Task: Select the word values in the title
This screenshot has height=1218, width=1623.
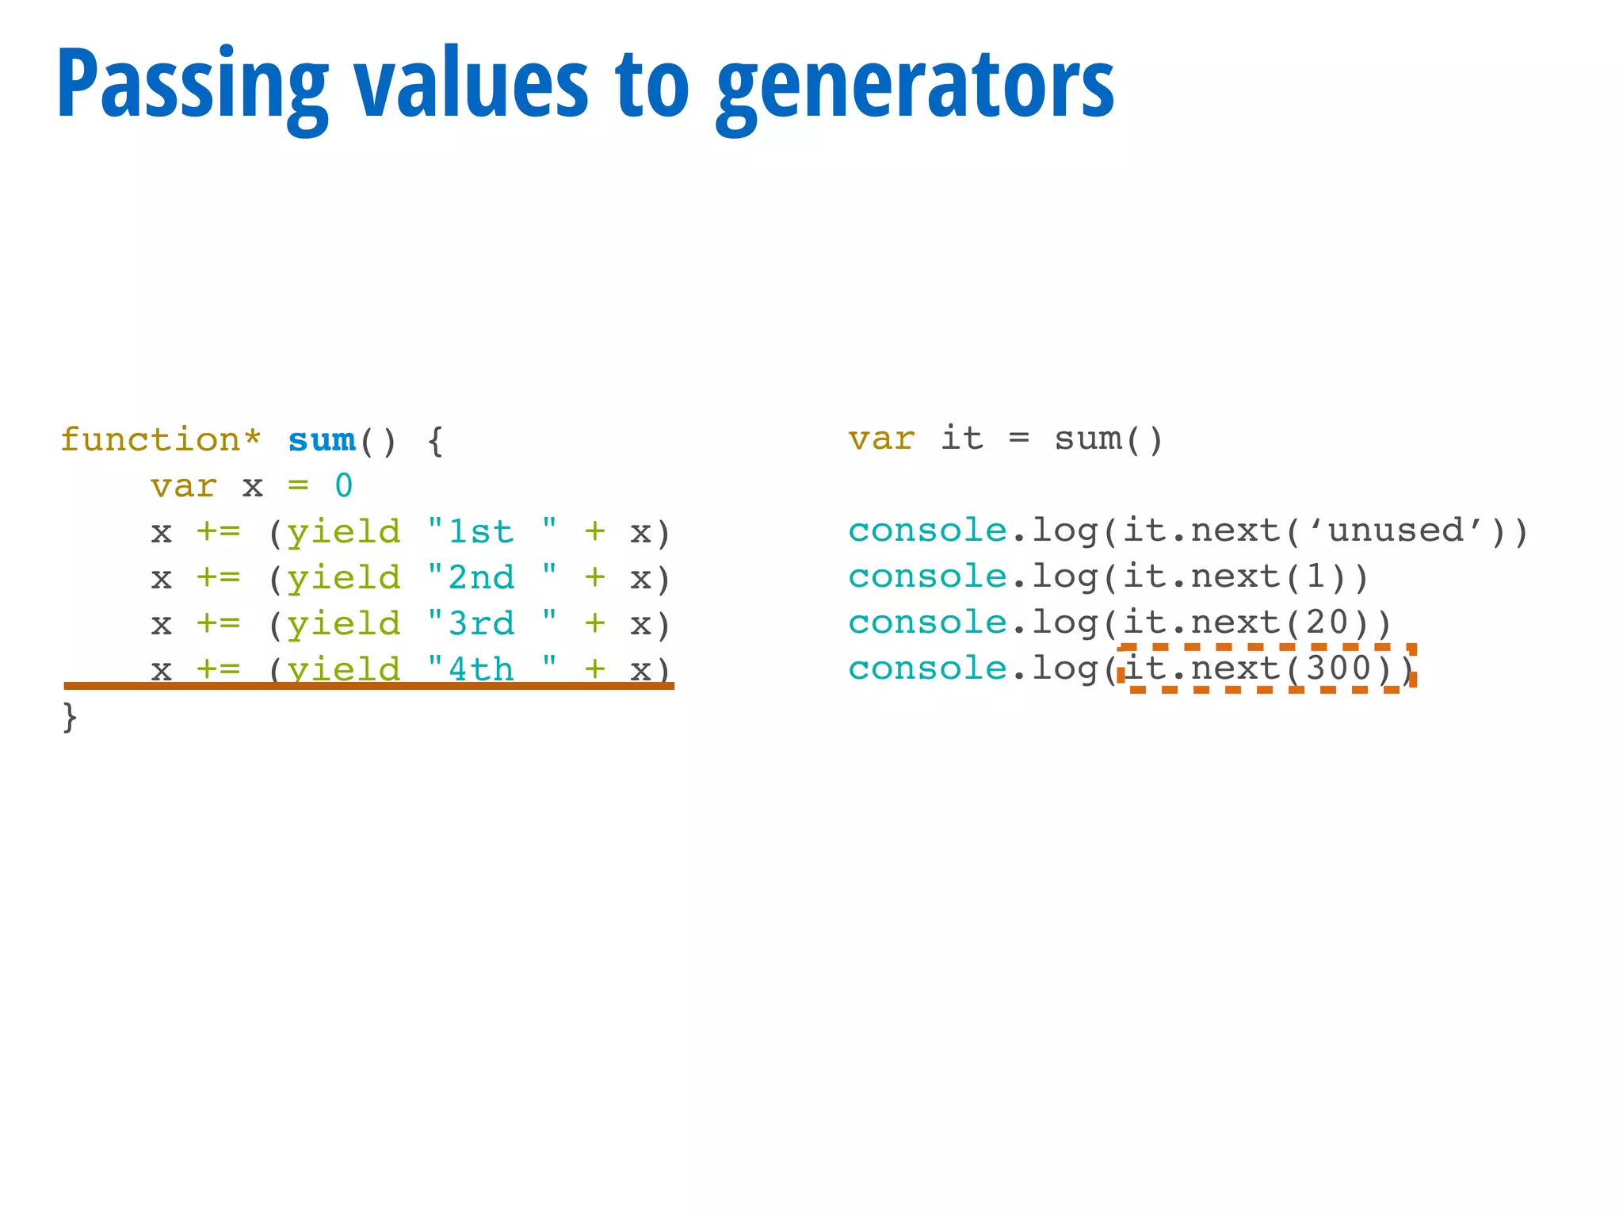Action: tap(472, 84)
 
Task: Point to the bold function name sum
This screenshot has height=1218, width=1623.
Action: tap(322, 439)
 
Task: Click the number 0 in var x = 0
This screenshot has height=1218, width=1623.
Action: tap(343, 485)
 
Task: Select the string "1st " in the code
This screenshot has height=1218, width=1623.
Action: tap(491, 531)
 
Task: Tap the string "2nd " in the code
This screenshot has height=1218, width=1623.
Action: tap(491, 577)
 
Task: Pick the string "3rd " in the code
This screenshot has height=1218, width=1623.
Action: tap(491, 623)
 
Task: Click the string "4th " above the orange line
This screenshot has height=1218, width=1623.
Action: tap(491, 668)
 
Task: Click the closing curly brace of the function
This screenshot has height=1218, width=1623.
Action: tap(70, 717)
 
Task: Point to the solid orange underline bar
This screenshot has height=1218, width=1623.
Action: tap(369, 686)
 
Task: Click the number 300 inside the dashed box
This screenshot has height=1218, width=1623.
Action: tap(1338, 668)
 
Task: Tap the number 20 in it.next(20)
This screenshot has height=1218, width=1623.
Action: tap(1327, 622)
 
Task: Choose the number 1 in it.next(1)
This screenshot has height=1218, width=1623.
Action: tap(1316, 576)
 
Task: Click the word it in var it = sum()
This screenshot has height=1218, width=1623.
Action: tap(962, 439)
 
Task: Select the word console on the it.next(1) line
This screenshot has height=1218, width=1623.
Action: tap(927, 576)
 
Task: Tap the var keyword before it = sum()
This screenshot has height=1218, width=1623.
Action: tap(881, 439)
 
